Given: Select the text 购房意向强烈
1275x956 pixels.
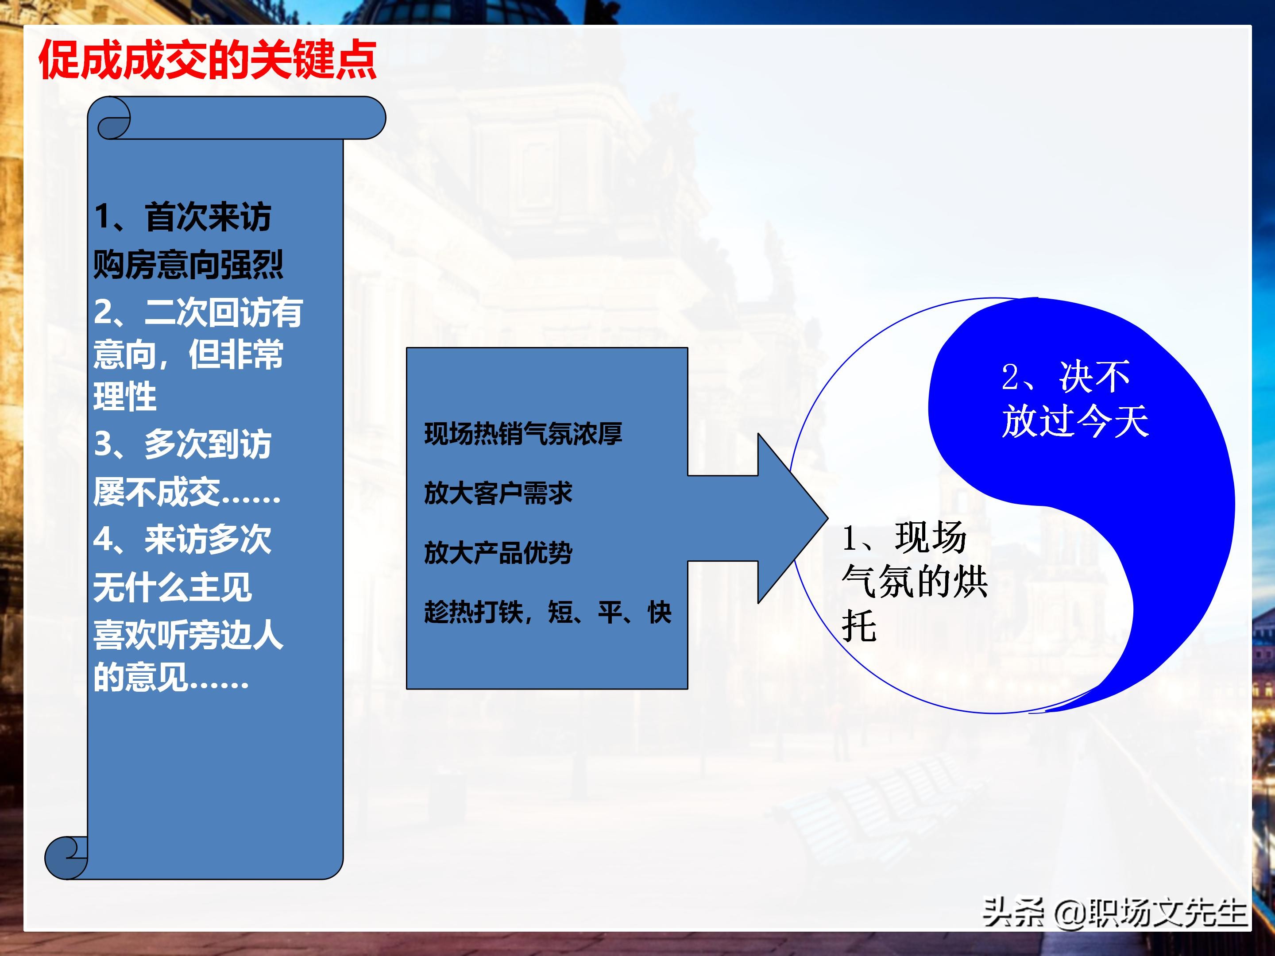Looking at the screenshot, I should coord(188,265).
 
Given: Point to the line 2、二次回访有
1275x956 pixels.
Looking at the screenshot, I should coord(198,312).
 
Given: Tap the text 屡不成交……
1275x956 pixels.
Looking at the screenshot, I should coord(187,492).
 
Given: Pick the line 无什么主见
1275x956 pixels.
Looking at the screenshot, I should coord(172,588).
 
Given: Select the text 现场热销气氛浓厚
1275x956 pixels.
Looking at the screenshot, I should coord(523,434).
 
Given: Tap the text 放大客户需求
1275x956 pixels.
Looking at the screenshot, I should coord(498,493).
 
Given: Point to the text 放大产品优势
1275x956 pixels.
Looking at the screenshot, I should coord(498,553).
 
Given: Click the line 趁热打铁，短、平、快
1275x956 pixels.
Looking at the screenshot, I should coord(548,612).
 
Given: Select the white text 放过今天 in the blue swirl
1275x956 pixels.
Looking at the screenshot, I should coord(1075,421).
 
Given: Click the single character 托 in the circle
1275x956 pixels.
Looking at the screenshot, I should coord(859,626).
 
